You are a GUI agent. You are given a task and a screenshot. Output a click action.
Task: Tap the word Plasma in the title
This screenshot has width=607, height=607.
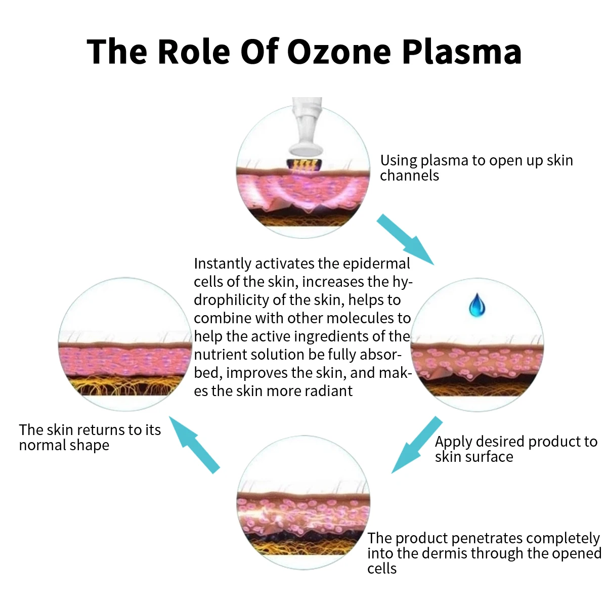pos(461,52)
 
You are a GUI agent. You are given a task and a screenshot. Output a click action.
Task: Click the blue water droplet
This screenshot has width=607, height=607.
pos(476,306)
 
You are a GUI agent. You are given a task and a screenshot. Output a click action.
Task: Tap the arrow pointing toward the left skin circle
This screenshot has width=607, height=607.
pos(194,445)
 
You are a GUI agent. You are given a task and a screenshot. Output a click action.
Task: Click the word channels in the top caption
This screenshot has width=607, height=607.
pos(409,176)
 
